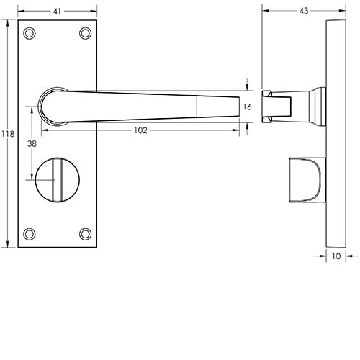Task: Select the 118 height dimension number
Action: [x=8, y=134]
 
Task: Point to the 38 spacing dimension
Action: [x=32, y=143]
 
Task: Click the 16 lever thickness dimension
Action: [x=247, y=107]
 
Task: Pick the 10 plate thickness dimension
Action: [x=336, y=255]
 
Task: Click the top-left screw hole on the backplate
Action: [x=30, y=33]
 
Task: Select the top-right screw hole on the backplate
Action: [x=85, y=33]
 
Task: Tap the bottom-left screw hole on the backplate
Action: [x=30, y=233]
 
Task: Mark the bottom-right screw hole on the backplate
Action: [x=85, y=233]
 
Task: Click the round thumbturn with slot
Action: [x=57, y=180]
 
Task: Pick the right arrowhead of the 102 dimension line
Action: [x=237, y=130]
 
